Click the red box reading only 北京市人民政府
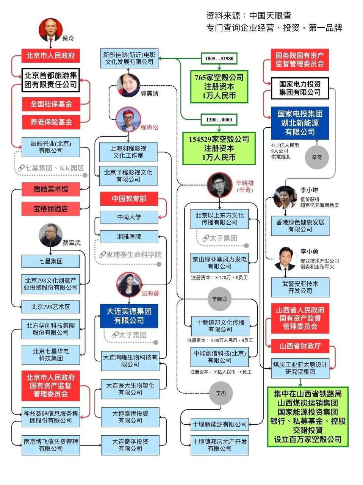click(x=50, y=55)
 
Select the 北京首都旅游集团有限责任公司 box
click(x=51, y=80)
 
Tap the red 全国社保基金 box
click(x=51, y=104)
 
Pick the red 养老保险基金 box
click(x=51, y=122)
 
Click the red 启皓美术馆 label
click(x=51, y=189)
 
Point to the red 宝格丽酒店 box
click(x=51, y=208)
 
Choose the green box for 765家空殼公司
click(x=219, y=86)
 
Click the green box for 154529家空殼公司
click(x=219, y=148)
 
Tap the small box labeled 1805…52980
click(x=219, y=58)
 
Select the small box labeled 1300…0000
click(x=219, y=120)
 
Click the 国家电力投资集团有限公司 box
click(x=300, y=88)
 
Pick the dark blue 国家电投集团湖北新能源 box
click(x=300, y=123)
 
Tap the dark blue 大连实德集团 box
click(x=129, y=316)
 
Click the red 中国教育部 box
click(x=129, y=199)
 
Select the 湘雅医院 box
click(x=129, y=236)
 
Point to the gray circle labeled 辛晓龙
click(x=219, y=299)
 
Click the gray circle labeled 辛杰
click(x=221, y=393)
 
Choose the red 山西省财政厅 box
click(x=300, y=346)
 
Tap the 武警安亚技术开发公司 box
click(x=300, y=287)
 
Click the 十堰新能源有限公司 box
click(x=219, y=424)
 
